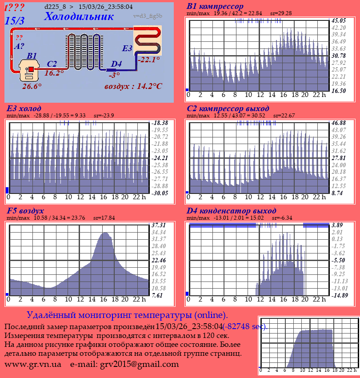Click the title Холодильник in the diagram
[79, 17]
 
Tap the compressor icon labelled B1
[29, 71]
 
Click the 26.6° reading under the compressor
[32, 86]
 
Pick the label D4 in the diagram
[116, 64]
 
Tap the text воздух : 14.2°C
[133, 86]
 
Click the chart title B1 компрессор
[215, 6]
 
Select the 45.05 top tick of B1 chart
[339, 20]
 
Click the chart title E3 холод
[24, 109]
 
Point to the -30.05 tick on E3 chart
[159, 193]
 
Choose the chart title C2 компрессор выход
[228, 109]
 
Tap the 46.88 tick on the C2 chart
[339, 123]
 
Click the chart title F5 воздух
[25, 211]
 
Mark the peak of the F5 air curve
[105, 233]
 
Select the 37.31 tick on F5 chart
[159, 225]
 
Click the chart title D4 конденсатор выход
[231, 211]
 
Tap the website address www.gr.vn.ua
[33, 364]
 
